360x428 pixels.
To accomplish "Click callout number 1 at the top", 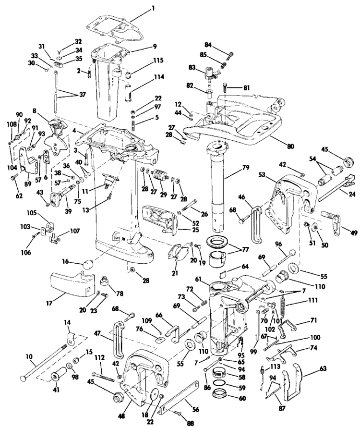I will point(153,8).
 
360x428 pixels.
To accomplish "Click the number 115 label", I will point(158,61).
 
